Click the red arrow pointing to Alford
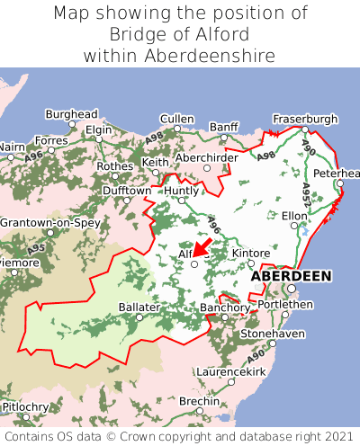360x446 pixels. [x=202, y=246]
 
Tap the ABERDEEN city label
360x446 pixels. [x=291, y=275]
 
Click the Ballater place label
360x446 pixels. [x=139, y=307]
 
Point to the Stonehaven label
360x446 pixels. [x=273, y=334]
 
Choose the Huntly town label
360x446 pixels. [x=182, y=191]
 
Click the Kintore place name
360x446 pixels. [x=251, y=254]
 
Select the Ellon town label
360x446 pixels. [x=294, y=216]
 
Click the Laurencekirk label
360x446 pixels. [x=231, y=370]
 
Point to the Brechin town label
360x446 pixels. [x=198, y=401]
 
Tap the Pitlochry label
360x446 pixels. [x=25, y=407]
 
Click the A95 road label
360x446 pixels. [x=37, y=248]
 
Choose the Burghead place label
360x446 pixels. [x=71, y=115]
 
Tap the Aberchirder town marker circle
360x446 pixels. [x=206, y=167]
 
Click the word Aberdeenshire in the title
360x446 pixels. [x=218, y=56]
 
